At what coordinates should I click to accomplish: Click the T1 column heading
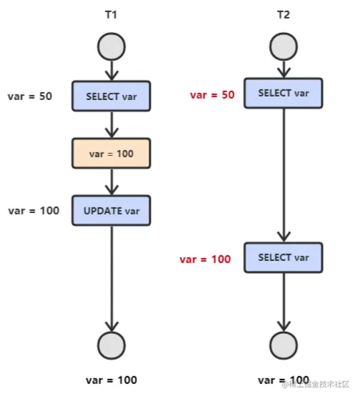(x=111, y=14)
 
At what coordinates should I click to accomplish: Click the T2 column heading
(x=284, y=14)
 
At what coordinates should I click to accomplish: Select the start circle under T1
(x=111, y=47)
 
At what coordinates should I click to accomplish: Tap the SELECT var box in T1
(x=111, y=96)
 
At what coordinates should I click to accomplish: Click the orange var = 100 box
(x=111, y=153)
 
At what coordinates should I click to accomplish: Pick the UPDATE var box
(x=111, y=210)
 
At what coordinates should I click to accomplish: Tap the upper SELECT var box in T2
(x=284, y=94)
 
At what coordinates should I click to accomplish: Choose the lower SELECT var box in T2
(x=284, y=257)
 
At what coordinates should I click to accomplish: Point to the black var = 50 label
(x=30, y=97)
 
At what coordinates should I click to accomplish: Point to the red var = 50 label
(x=212, y=95)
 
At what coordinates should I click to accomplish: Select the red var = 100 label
(x=205, y=259)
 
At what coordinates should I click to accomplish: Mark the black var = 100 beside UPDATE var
(x=33, y=211)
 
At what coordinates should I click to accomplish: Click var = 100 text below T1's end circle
(x=111, y=380)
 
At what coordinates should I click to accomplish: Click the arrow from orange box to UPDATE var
(x=111, y=182)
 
